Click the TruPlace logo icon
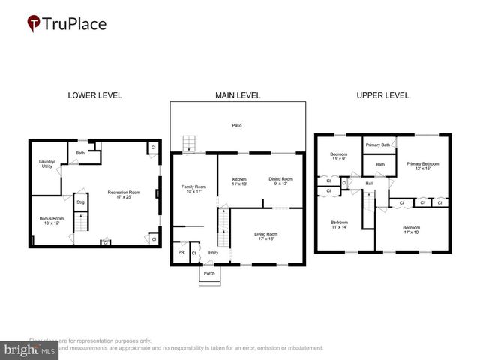point(34,24)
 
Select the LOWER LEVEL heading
point(94,95)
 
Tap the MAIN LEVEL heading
point(237,95)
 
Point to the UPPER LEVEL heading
point(383,95)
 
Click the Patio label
point(236,125)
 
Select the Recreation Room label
point(124,194)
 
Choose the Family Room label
point(193,188)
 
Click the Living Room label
point(265,236)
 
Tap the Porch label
point(210,273)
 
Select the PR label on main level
point(181,253)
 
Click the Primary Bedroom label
point(421,165)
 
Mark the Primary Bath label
point(378,145)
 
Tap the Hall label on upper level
point(369,183)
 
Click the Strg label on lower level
point(81,202)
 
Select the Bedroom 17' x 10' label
point(410,229)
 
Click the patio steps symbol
point(190,142)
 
